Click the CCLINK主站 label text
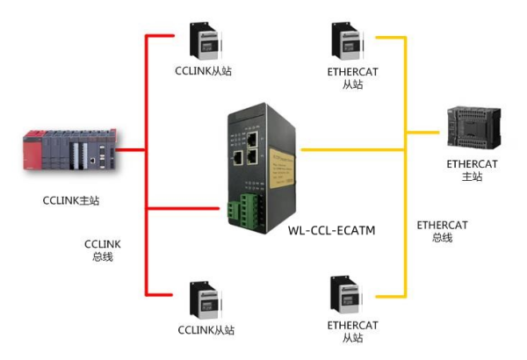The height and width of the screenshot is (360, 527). tap(71, 200)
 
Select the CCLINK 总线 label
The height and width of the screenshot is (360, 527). tap(102, 249)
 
